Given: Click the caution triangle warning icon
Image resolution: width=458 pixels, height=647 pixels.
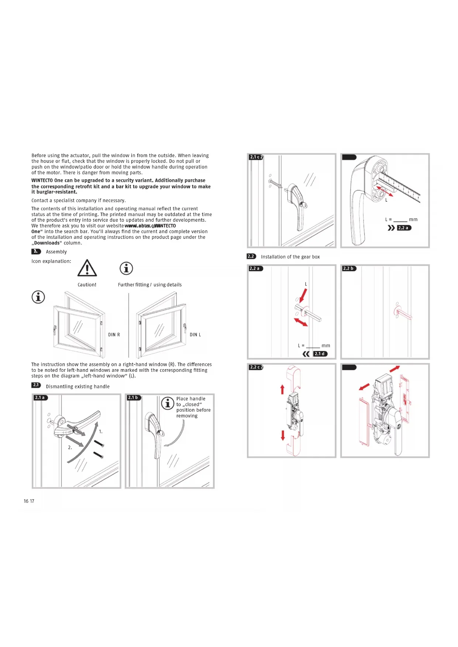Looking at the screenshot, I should [87, 268].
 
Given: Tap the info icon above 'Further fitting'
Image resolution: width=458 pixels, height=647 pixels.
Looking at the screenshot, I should [126, 268].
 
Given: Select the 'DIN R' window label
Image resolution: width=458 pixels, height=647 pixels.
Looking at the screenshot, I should [114, 335].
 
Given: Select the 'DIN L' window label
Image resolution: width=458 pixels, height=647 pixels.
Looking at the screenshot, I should [195, 335].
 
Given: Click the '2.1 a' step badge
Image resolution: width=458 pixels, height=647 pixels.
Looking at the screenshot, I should [40, 398].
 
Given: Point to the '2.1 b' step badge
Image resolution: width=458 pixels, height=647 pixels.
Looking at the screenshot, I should [134, 398].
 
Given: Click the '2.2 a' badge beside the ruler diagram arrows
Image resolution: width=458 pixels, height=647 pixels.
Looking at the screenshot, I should [404, 228].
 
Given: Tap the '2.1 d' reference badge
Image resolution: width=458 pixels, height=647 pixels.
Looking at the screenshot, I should [320, 354].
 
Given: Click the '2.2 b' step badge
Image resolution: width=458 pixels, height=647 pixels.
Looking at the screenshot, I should [349, 269].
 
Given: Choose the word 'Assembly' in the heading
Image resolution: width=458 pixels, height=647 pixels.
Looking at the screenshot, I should [56, 252].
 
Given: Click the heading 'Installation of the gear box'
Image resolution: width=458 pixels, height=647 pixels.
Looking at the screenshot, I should [290, 257].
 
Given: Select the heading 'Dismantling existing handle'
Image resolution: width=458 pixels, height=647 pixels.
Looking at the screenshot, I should [78, 387].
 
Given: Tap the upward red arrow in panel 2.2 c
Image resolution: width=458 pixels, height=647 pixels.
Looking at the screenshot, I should [282, 389].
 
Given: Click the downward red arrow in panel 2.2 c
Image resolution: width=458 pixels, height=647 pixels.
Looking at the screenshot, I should [283, 435].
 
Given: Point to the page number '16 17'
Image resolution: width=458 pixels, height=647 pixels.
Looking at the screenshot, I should [29, 501].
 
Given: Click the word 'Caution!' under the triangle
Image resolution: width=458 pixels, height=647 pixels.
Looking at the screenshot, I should [87, 285].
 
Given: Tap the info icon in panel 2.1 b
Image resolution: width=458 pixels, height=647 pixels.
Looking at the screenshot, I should [168, 403].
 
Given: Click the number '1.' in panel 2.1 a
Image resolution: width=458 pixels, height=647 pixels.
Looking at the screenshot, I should [101, 432].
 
